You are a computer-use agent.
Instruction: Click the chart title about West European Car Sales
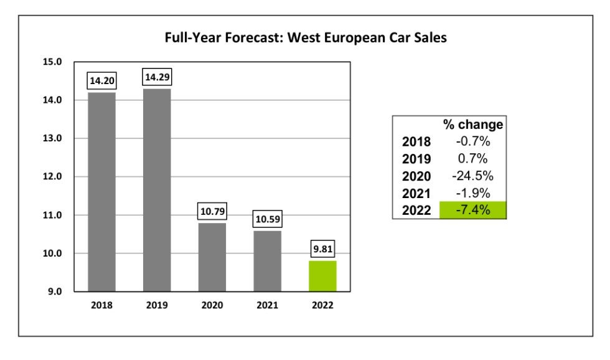click(306, 37)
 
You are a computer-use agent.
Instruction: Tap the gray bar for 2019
click(157, 189)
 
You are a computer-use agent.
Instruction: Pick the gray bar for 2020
click(212, 257)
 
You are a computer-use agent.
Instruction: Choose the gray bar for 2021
click(267, 260)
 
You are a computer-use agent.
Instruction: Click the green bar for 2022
click(322, 275)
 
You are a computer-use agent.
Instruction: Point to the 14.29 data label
click(157, 77)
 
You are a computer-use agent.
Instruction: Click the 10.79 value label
click(212, 211)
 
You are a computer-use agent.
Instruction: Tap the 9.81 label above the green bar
click(322, 249)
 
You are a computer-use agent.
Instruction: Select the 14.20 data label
click(101, 80)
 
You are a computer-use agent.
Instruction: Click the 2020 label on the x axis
click(212, 305)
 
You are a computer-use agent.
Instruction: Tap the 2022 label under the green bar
click(322, 305)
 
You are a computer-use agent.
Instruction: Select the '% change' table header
click(473, 125)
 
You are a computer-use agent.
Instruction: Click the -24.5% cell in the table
click(473, 176)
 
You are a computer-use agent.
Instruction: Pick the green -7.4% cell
click(473, 211)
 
